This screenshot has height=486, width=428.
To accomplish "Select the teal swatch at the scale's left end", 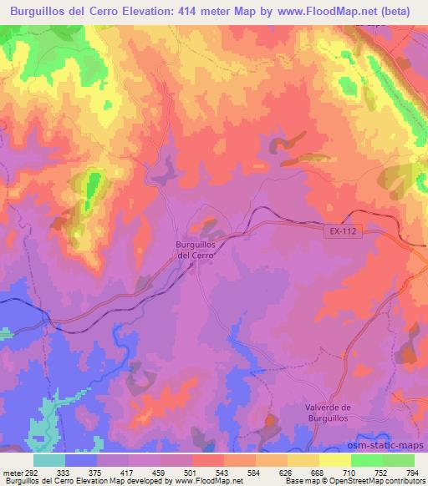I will [49, 460].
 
